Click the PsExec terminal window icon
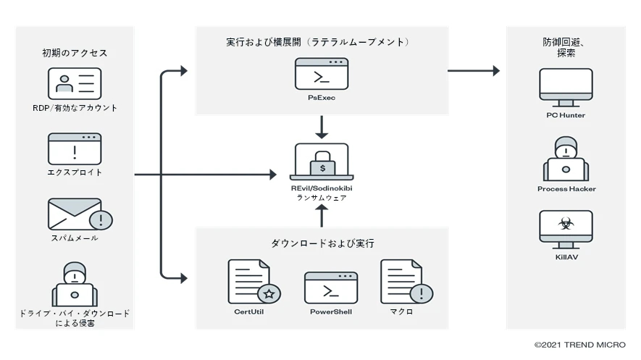pos(322,73)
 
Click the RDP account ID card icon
pos(75,83)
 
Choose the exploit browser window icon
pos(75,148)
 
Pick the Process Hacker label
pos(566,189)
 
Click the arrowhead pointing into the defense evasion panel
pos(495,71)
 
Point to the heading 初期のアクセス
pos(75,53)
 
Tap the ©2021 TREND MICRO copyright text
pos(579,345)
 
